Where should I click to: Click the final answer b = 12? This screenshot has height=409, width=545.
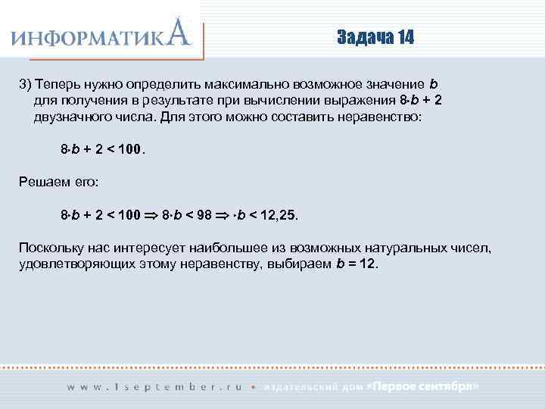click(355, 265)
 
